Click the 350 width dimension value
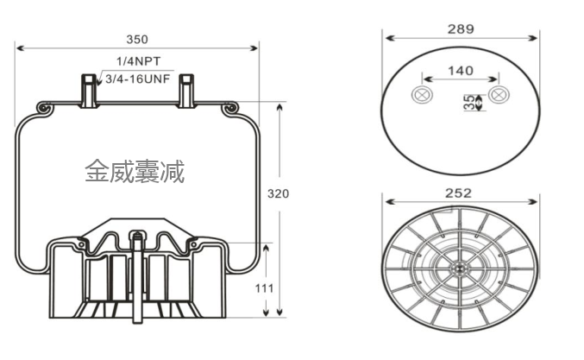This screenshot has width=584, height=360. [x=136, y=39]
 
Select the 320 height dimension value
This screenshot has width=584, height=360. [x=278, y=193]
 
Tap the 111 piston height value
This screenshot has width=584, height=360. [x=265, y=287]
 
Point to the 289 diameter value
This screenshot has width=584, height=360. [x=461, y=28]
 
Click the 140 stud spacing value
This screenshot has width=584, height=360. [x=461, y=70]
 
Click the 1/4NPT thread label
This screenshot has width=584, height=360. [x=139, y=62]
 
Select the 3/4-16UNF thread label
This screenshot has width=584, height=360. [x=138, y=79]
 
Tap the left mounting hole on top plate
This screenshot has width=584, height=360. [x=423, y=95]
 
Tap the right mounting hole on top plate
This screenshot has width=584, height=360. [x=498, y=95]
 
